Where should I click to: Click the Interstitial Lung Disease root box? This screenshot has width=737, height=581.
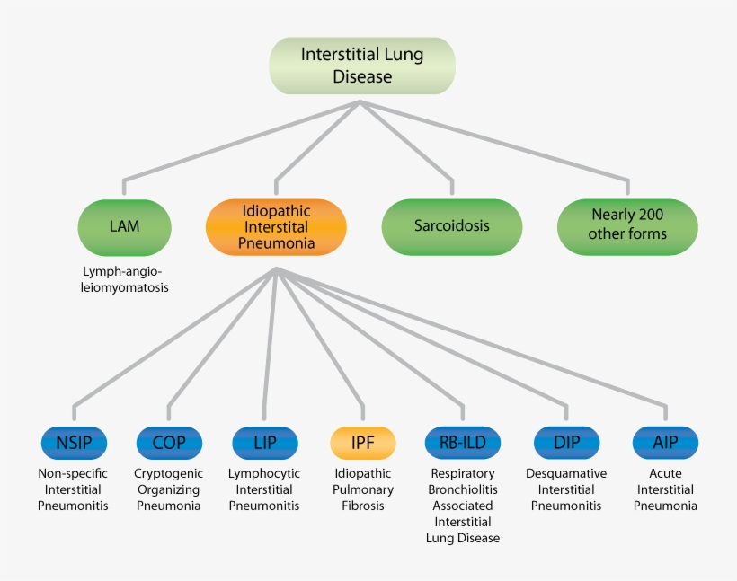(362, 66)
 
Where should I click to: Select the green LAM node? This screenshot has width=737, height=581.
(124, 226)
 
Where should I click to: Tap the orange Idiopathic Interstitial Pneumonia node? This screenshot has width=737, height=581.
(275, 226)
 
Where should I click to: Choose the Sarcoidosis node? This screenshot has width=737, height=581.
(452, 226)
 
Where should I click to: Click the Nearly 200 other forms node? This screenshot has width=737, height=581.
(627, 226)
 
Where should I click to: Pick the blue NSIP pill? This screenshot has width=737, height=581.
(74, 443)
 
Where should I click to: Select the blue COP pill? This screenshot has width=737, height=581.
(169, 443)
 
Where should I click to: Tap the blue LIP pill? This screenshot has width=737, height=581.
(264, 443)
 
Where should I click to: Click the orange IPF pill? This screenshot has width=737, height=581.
(363, 443)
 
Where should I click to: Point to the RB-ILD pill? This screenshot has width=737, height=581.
(462, 443)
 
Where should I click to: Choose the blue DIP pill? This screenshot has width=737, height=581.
(566, 443)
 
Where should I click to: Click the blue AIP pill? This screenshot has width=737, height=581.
(665, 443)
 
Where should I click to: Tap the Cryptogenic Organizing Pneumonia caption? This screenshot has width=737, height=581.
(169, 489)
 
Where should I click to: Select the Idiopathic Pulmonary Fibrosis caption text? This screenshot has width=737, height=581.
(363, 489)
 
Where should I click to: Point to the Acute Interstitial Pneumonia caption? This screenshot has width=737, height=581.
(665, 489)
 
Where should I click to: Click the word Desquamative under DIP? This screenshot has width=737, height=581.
(566, 473)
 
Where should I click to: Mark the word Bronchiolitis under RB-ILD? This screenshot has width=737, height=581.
(462, 489)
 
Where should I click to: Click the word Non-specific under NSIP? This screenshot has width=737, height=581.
(74, 473)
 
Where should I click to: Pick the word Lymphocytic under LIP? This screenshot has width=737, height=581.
(264, 473)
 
